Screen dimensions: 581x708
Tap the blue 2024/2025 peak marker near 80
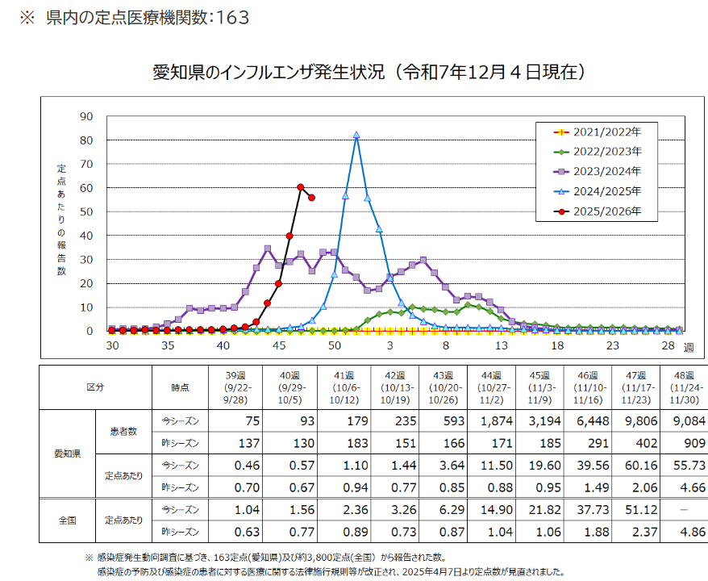[356, 136]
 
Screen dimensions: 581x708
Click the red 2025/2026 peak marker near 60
[301, 187]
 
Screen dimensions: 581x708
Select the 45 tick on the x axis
[278, 345]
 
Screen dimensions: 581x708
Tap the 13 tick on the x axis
[501, 345]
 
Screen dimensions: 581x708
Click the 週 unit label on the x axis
[688, 347]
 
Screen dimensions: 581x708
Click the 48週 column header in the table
[681, 387]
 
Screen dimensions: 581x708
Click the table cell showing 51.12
[633, 511]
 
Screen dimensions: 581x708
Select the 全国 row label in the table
[67, 521]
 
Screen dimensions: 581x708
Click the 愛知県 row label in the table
[67, 454]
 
